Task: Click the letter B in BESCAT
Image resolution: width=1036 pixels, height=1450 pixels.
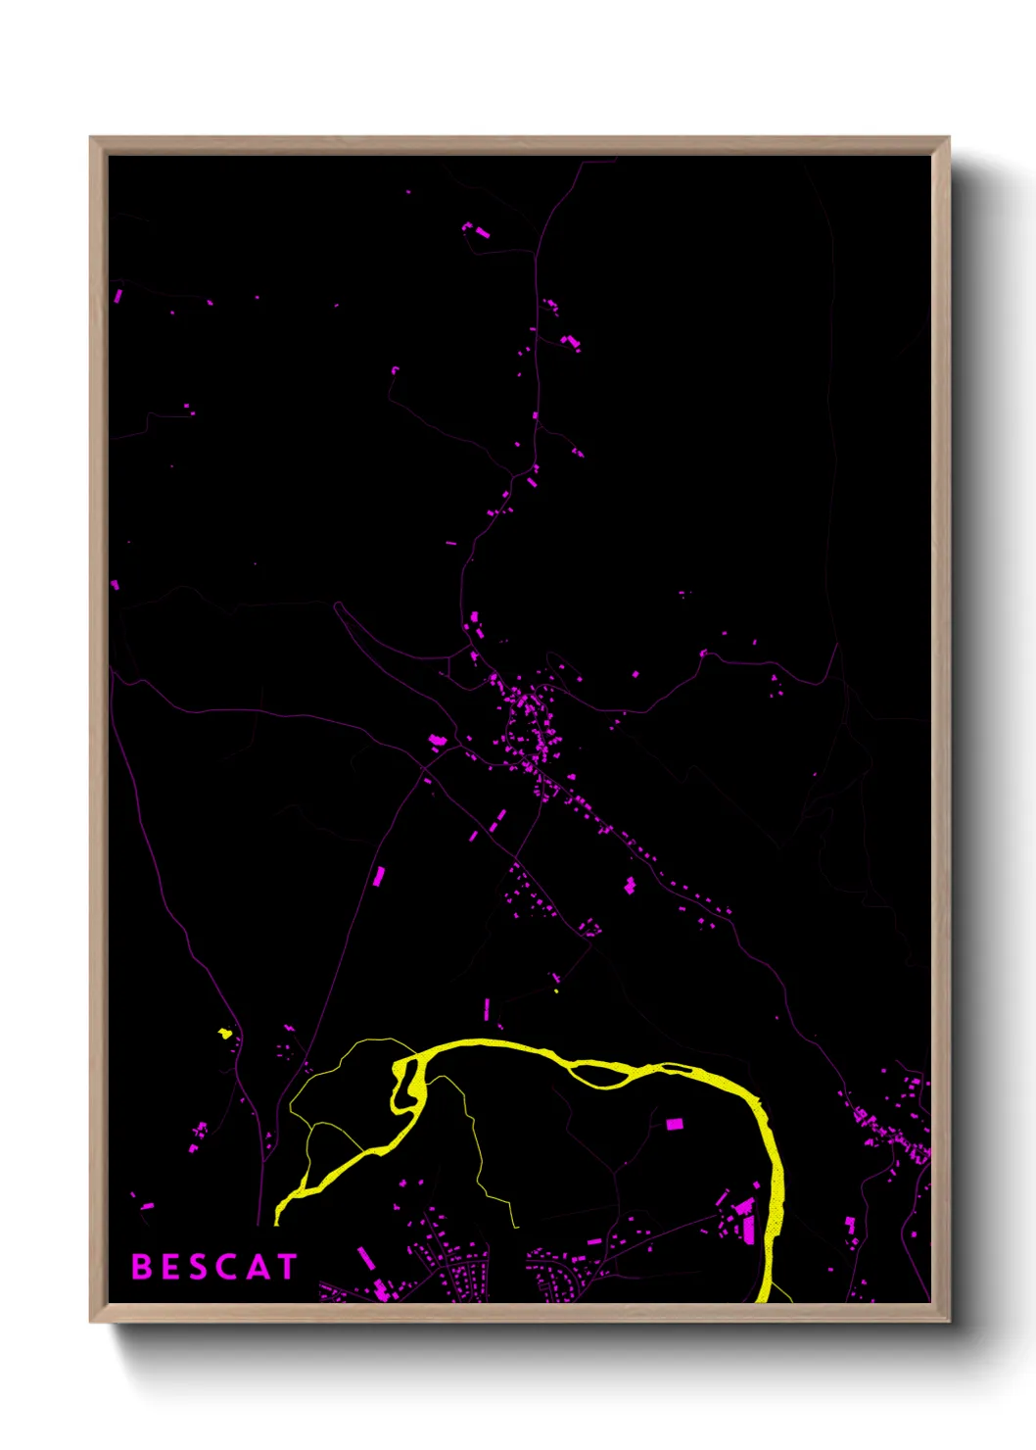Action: [142, 1267]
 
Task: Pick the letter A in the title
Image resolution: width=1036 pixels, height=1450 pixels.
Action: [258, 1267]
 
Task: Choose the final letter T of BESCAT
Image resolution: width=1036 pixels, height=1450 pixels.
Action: [286, 1267]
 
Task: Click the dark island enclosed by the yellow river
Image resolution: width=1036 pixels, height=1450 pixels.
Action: [599, 1075]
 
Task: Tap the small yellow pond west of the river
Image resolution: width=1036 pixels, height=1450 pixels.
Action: [224, 1033]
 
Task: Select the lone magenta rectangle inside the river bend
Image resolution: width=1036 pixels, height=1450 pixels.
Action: [674, 1124]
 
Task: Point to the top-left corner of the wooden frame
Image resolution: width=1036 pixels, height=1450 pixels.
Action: [92, 139]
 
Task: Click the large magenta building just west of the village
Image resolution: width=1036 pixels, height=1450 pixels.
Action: [438, 740]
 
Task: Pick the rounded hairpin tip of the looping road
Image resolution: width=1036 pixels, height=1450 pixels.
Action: [338, 605]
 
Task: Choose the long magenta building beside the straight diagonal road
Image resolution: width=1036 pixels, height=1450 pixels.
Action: [378, 876]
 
